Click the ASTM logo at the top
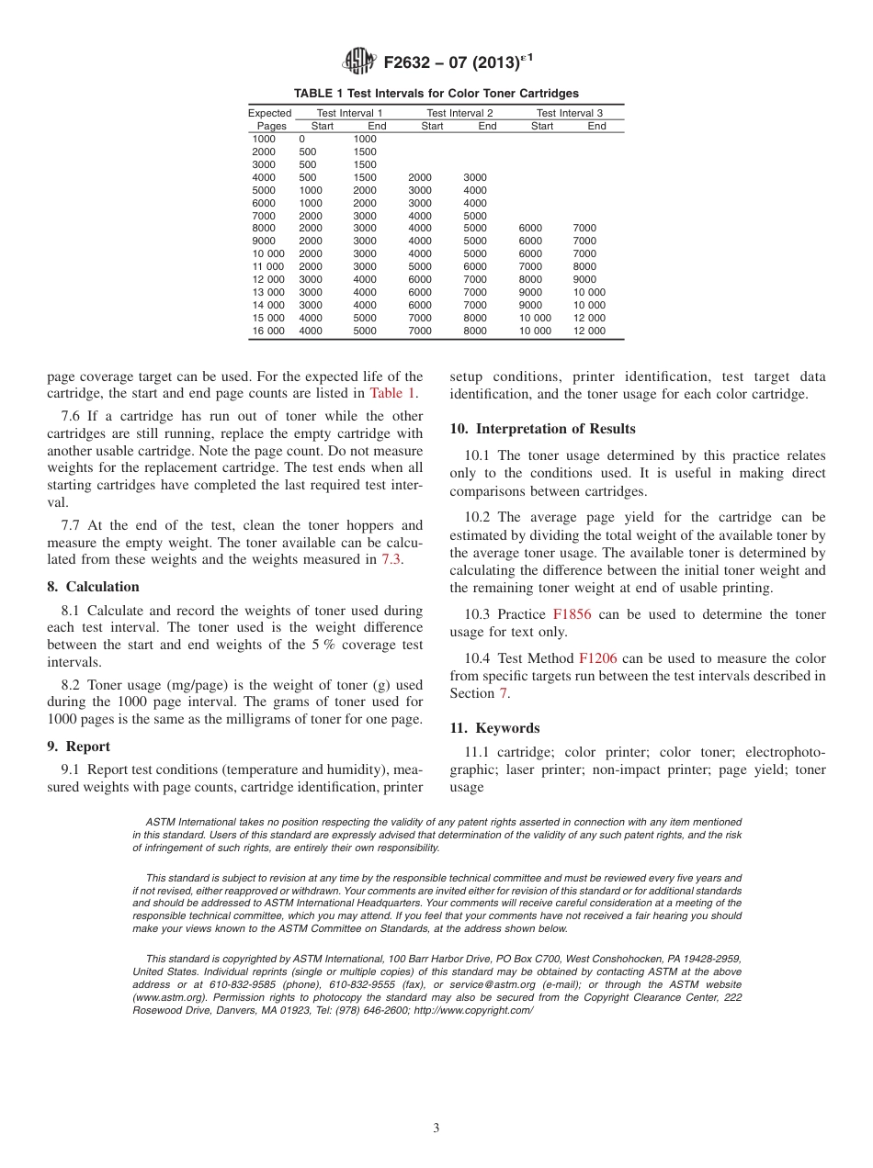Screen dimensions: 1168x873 coord(358,62)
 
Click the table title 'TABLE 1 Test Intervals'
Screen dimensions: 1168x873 coord(436,94)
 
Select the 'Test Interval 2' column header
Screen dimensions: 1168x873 coord(459,113)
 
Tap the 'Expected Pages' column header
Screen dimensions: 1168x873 coord(270,119)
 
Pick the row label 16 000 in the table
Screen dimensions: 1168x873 coord(268,331)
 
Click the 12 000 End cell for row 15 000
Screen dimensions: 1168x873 coord(589,318)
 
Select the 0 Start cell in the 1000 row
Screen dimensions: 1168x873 coord(302,139)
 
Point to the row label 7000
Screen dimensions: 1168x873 coord(264,216)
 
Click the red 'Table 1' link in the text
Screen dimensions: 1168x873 coord(392,394)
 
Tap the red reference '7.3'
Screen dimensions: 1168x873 coord(391,559)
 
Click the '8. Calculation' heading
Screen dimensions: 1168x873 coord(93,587)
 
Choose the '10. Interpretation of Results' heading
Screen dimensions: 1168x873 coord(542,429)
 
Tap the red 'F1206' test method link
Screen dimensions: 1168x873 coord(597,658)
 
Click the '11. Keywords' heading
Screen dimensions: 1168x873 coord(494,728)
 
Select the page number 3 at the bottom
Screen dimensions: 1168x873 coord(436,1129)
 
